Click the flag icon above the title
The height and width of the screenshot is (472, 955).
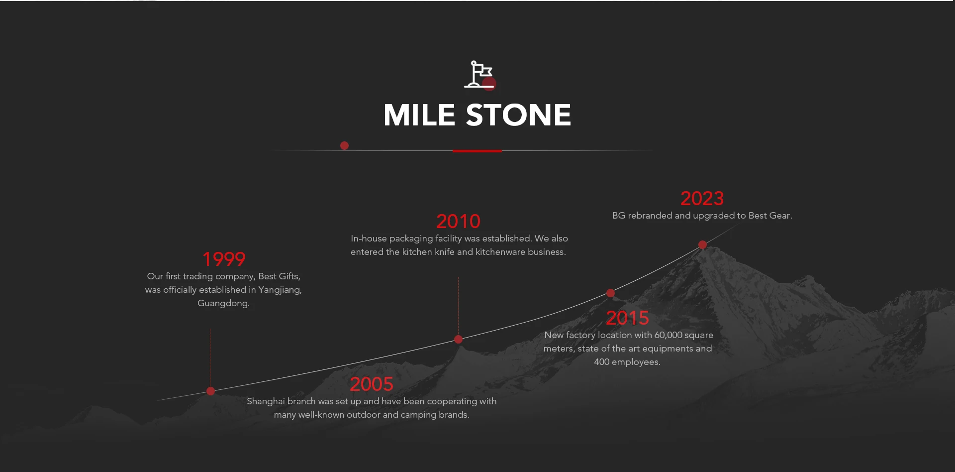(479, 75)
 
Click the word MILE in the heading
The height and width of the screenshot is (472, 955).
(419, 115)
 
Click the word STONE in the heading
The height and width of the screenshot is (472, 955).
(518, 115)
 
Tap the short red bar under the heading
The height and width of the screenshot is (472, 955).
(477, 150)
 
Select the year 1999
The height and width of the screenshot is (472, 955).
(224, 259)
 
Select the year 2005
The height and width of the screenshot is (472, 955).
(372, 384)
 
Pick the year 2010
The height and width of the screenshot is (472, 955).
(458, 221)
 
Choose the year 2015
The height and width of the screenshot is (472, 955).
(627, 318)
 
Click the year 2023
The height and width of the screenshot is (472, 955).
(702, 198)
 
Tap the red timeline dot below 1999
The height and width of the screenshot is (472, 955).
(210, 391)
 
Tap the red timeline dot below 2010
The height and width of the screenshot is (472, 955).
(458, 339)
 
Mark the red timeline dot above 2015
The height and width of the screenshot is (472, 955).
(610, 293)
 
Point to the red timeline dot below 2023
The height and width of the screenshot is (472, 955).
(702, 244)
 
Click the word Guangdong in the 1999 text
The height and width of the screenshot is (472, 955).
(223, 303)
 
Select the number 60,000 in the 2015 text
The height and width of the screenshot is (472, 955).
(668, 335)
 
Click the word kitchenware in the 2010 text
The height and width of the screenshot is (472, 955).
(500, 252)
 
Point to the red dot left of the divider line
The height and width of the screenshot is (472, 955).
(344, 145)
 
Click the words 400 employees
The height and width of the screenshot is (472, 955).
(627, 362)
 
